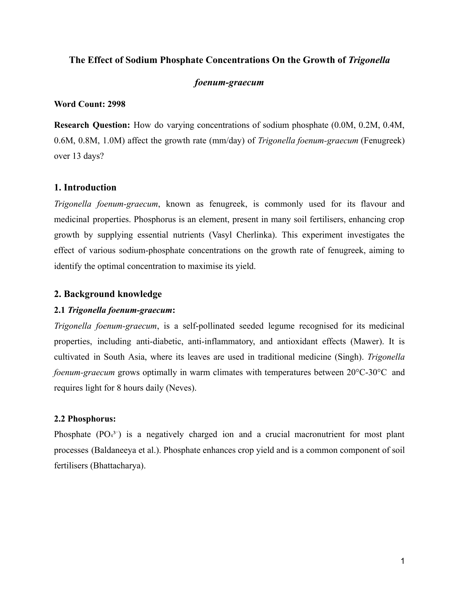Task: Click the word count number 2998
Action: [116, 104]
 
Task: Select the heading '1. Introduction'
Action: [85, 188]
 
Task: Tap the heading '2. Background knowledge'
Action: [108, 294]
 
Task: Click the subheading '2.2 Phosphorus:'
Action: [85, 419]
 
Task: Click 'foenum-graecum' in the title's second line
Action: [229, 83]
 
